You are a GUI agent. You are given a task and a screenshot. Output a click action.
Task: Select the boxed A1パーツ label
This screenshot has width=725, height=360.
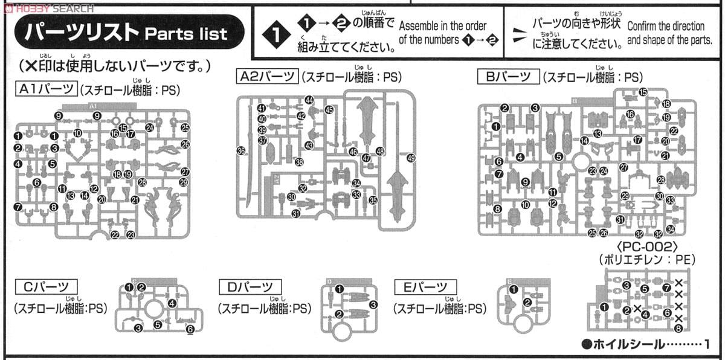[x=46, y=90]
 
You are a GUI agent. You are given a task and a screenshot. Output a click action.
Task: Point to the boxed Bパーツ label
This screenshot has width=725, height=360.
[x=507, y=76]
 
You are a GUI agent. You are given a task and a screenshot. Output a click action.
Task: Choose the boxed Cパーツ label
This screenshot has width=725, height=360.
[x=46, y=286]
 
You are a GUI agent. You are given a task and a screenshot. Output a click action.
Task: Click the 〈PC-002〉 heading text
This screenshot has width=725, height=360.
[x=649, y=247]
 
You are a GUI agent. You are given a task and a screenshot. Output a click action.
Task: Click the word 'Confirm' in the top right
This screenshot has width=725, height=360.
[x=644, y=26]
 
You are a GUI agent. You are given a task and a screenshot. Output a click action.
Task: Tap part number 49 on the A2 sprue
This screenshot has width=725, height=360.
[x=411, y=158]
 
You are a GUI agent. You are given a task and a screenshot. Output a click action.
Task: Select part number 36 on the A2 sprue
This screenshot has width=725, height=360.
[x=242, y=150]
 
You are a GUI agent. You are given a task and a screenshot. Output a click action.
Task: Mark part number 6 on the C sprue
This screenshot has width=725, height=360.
[x=190, y=329]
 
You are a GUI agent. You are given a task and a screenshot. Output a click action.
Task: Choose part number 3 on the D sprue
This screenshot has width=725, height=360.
[x=373, y=304]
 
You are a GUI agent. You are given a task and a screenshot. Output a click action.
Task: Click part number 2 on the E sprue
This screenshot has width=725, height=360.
[x=527, y=302]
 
